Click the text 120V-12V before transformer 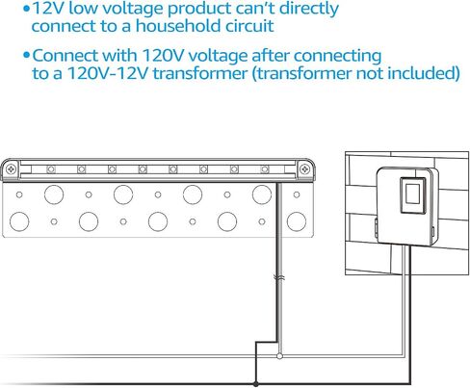(108, 73)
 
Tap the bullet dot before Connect (26, 56)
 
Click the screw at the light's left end (12, 168)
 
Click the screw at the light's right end (304, 168)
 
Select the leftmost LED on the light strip (51, 169)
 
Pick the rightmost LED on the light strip (265, 169)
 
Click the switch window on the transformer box (412, 194)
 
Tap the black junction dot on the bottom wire (255, 384)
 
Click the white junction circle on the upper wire (279, 356)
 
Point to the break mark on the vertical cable (278, 278)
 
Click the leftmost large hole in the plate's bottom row (19, 221)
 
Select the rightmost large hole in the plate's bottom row (297, 221)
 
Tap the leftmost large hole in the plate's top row (54, 194)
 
